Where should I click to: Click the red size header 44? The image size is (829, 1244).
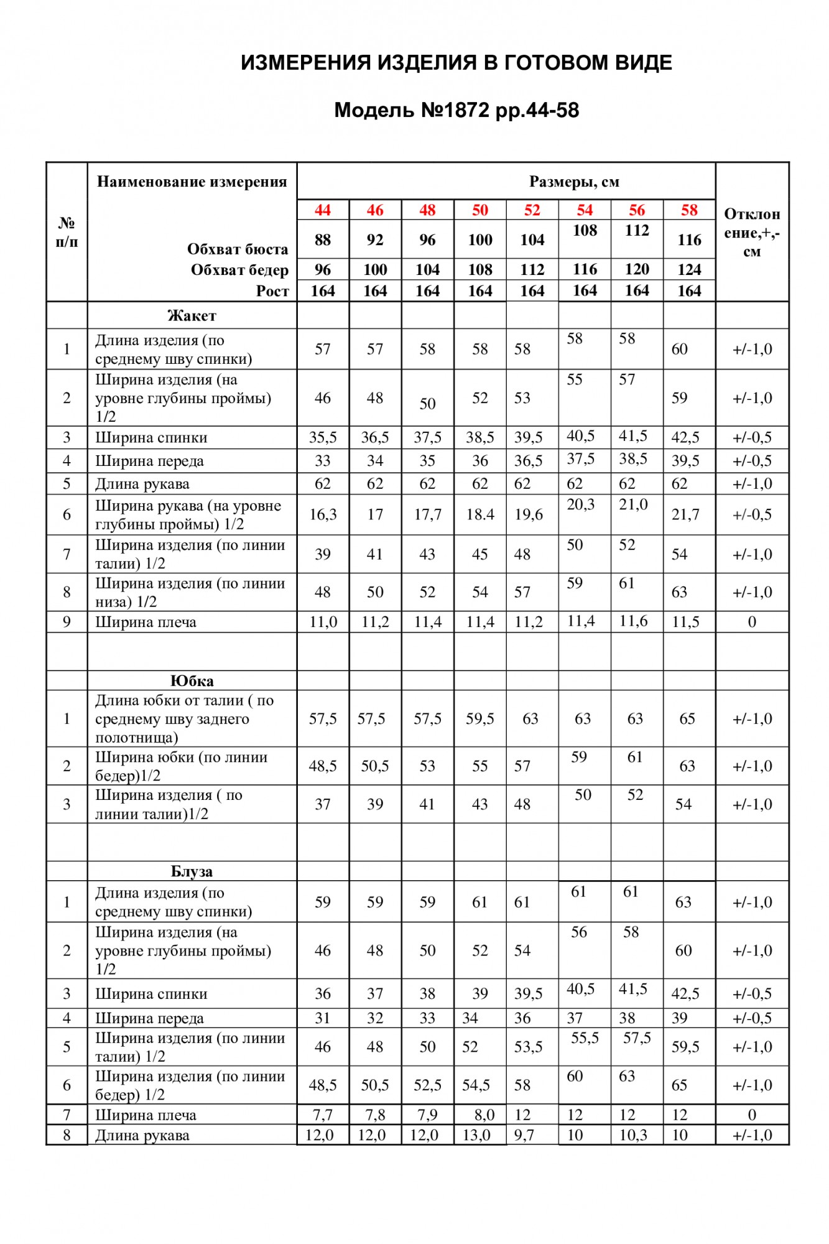pos(322,210)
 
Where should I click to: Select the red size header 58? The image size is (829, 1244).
pos(689,210)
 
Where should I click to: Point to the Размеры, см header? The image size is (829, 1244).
pos(573,182)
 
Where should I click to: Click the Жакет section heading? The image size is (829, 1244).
pos(192,316)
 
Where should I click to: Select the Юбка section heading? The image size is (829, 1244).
pos(192,681)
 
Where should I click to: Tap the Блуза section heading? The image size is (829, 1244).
pos(192,871)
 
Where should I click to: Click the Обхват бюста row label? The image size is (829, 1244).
pos(238,249)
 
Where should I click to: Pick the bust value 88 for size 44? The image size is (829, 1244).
pos(322,240)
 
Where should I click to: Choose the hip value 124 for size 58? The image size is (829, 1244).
pos(689,270)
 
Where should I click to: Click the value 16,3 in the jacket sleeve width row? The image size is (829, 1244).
pos(323,514)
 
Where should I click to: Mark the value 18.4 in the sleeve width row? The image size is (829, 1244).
pos(480,514)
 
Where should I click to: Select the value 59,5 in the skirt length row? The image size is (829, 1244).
pos(480,719)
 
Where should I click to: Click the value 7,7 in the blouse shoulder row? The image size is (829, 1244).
pos(322,1115)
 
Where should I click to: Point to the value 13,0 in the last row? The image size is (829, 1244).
pos(476,1135)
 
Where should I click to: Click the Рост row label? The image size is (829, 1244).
pos(272,291)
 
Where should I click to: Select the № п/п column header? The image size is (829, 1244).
pos(67,232)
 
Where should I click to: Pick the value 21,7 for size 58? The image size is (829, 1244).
pos(685,514)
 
